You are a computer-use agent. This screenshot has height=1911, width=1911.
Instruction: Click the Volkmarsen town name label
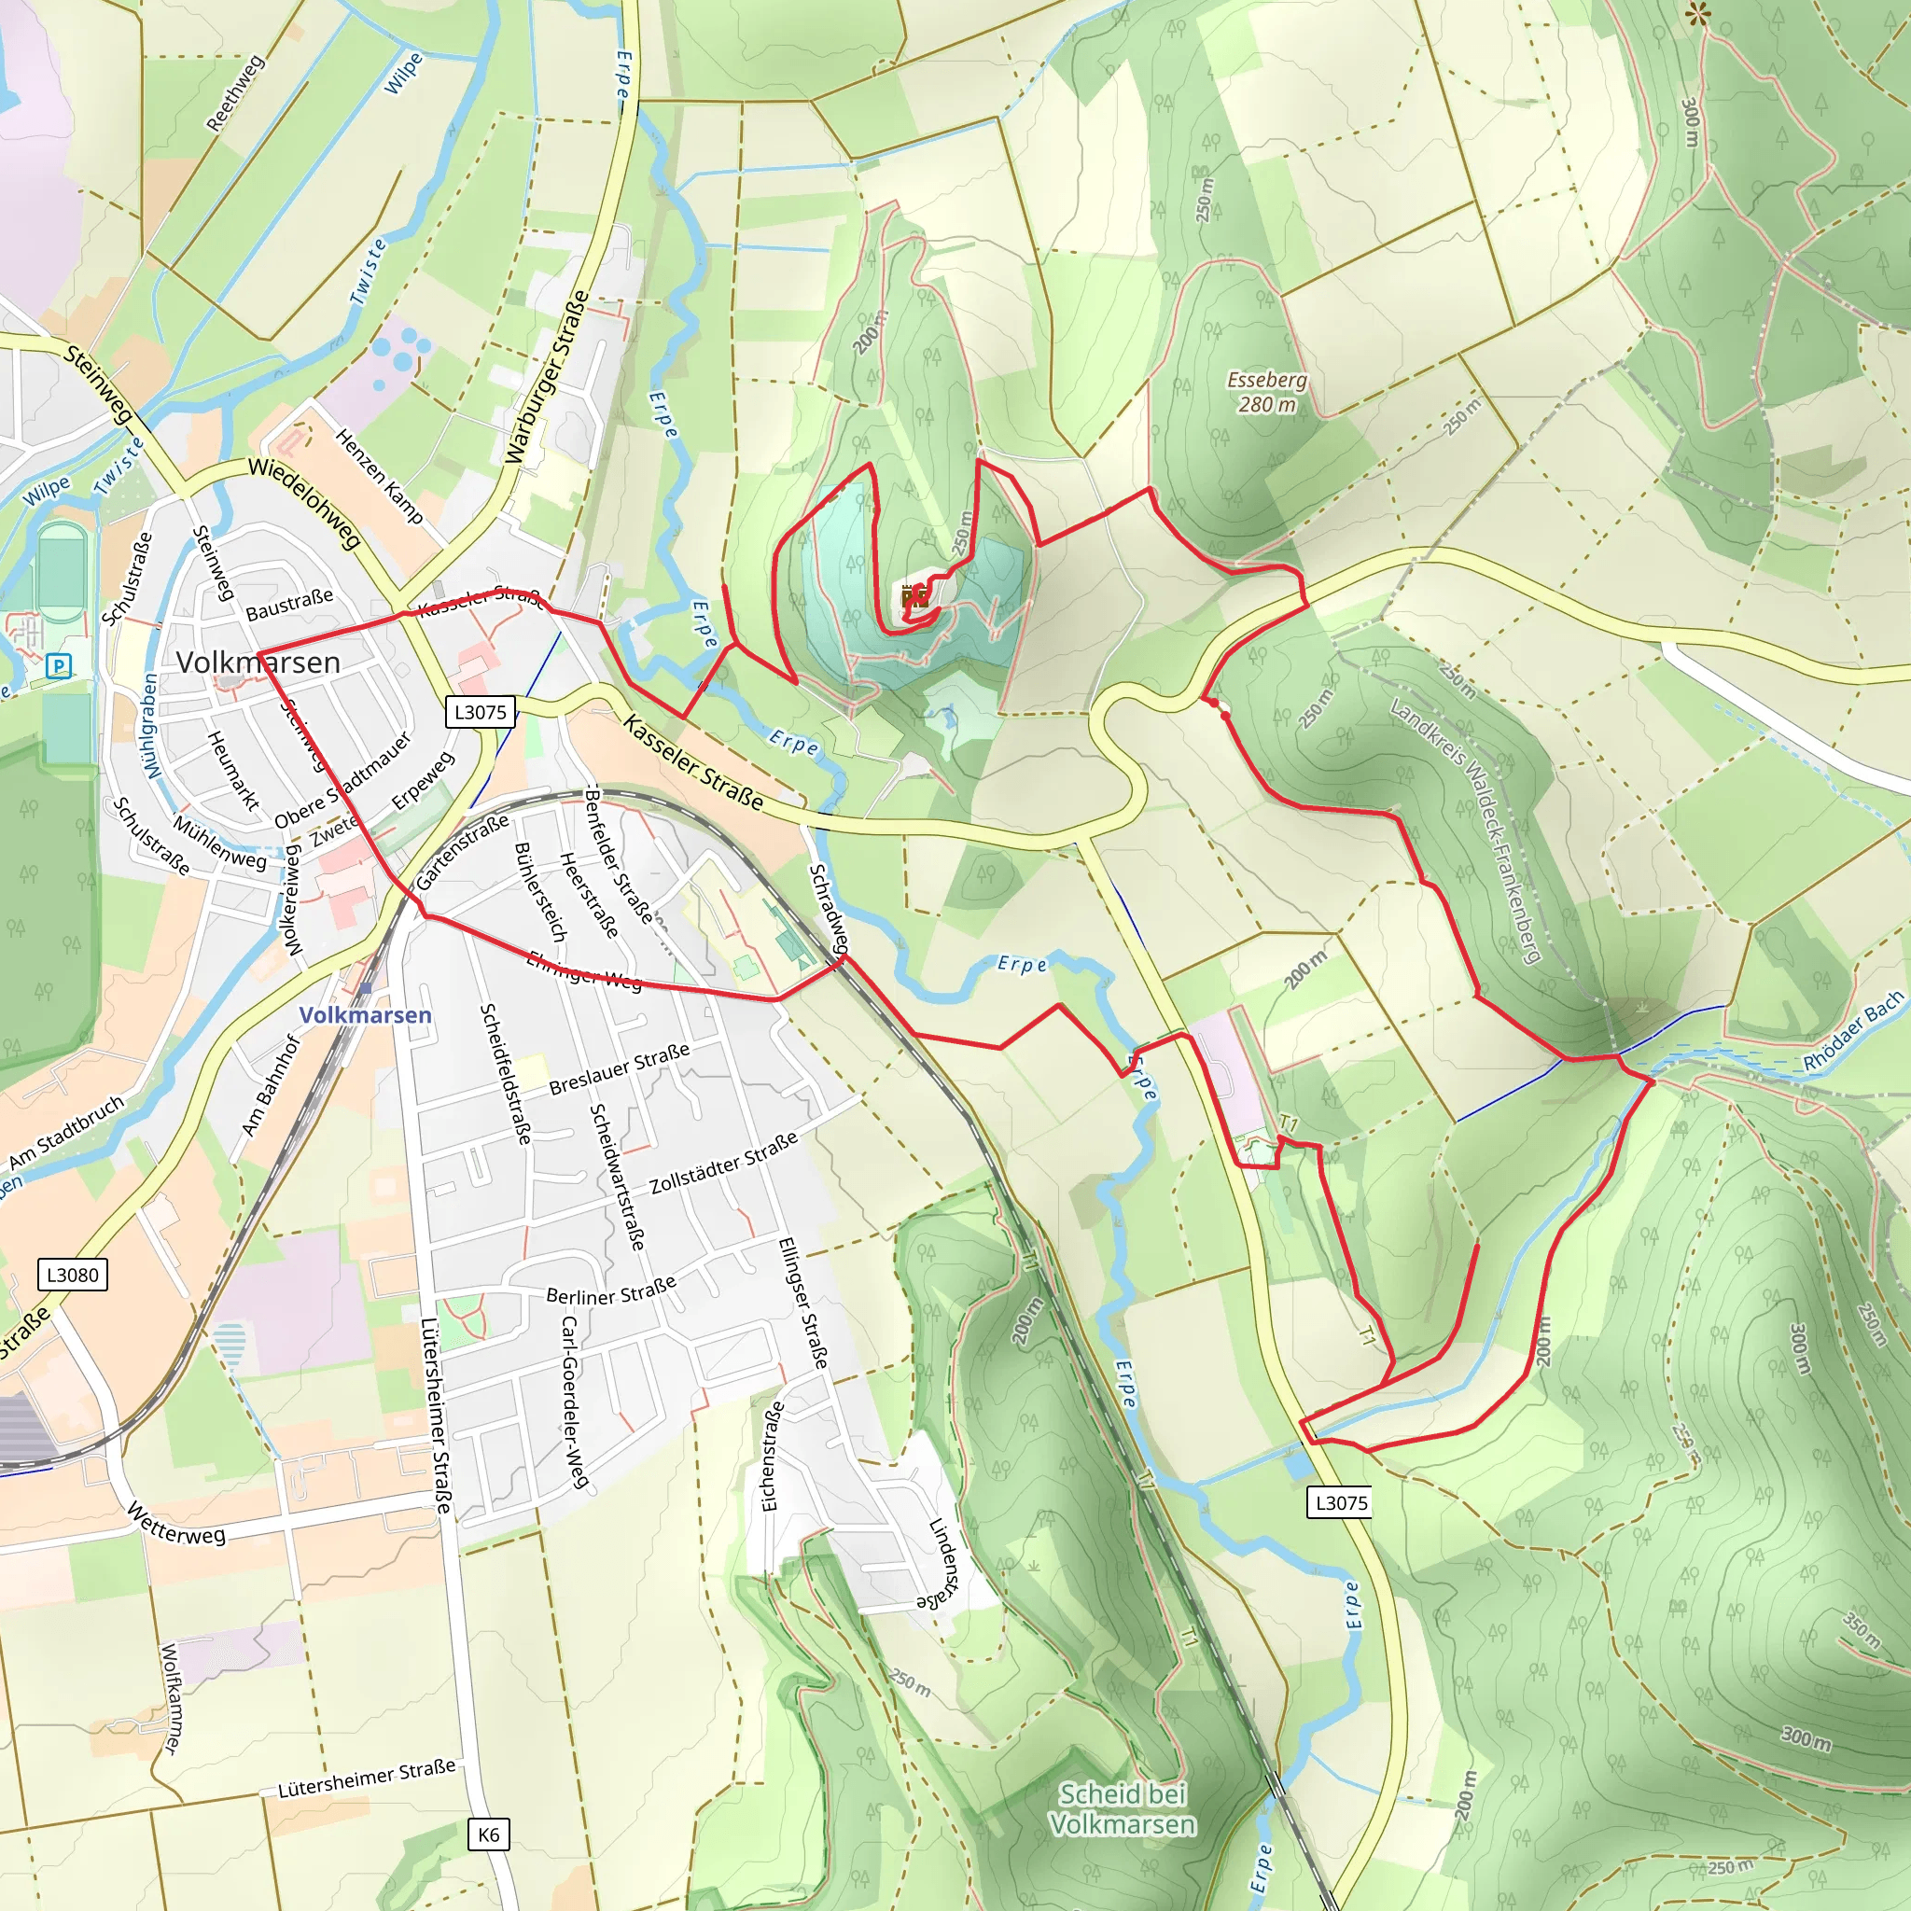tap(258, 663)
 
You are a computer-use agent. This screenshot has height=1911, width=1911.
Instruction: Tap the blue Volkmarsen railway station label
tap(365, 1015)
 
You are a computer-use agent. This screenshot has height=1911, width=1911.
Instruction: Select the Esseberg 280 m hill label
tap(1267, 393)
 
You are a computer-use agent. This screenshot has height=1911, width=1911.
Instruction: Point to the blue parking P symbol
tap(60, 665)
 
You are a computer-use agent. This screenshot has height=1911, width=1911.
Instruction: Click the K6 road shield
tap(489, 1834)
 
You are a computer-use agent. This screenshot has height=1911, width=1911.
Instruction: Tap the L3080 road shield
tap(73, 1274)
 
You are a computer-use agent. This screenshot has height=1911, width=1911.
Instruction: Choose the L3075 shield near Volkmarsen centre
tap(481, 712)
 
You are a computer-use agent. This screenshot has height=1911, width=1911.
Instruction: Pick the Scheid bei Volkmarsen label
tap(1122, 1809)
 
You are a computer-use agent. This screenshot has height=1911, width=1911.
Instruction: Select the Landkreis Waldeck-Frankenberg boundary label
tap(1466, 830)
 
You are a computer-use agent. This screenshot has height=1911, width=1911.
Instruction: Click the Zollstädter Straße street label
tap(724, 1163)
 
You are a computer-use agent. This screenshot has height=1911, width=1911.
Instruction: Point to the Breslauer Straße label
tap(620, 1069)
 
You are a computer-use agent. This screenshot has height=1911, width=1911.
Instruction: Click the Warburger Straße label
tap(547, 377)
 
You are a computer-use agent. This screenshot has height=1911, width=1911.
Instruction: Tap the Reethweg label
tap(235, 93)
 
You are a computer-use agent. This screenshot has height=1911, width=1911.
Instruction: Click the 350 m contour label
tap(1861, 1629)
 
